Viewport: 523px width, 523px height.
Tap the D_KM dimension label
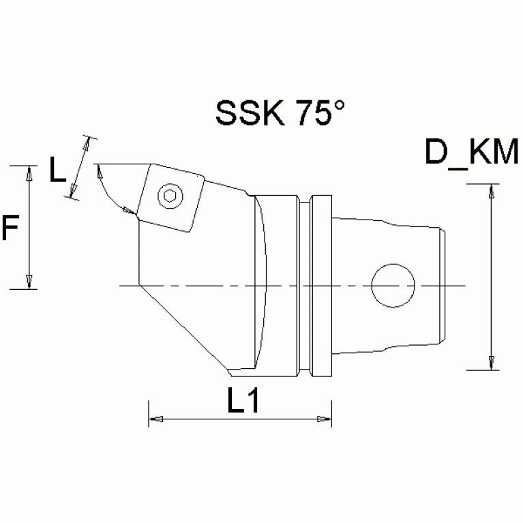click(x=470, y=153)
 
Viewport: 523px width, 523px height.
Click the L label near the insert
click(x=59, y=170)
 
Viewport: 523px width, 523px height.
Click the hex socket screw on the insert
click(x=170, y=196)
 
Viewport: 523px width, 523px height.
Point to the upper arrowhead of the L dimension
click(x=87, y=145)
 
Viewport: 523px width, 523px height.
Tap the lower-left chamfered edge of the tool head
click(x=183, y=328)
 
